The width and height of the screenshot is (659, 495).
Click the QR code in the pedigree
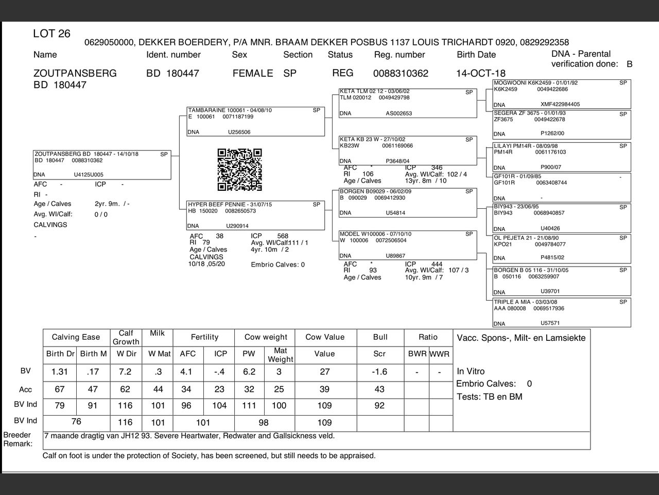click(239, 170)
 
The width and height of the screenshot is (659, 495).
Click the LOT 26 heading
click(51, 34)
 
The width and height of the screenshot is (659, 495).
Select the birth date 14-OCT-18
click(480, 73)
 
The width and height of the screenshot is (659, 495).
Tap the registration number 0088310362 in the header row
click(401, 73)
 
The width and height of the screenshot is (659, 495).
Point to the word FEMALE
click(252, 73)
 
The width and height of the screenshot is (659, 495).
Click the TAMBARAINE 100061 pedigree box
click(255, 121)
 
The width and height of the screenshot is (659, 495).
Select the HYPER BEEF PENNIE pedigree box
click(255, 215)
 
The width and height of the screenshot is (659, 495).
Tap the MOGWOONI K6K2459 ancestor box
click(561, 93)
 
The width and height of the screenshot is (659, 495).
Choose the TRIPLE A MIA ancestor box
click(561, 312)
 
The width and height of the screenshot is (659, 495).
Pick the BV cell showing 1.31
click(60, 372)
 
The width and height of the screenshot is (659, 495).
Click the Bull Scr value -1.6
click(379, 372)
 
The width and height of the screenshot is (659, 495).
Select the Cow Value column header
click(324, 337)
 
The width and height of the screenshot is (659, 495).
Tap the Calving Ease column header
click(76, 337)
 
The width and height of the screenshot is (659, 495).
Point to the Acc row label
click(25, 389)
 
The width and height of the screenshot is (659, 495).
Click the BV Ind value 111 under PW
click(249, 405)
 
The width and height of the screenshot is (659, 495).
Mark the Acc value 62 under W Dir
click(125, 389)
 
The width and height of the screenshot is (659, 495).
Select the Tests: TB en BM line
click(489, 397)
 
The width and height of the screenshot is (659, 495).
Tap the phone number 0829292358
click(544, 42)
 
